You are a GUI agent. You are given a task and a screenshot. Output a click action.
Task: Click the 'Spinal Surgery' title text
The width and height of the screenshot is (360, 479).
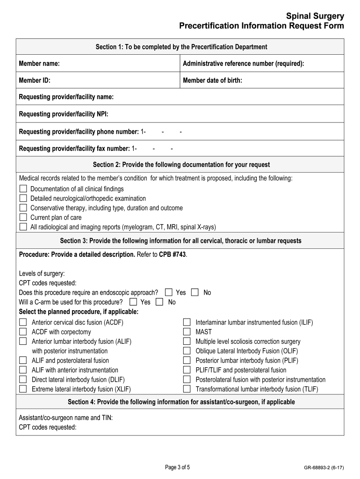(316, 16)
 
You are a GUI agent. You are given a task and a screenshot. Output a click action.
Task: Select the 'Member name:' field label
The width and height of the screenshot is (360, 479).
(39, 63)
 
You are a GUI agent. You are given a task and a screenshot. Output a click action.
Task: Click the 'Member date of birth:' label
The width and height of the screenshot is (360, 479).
(212, 80)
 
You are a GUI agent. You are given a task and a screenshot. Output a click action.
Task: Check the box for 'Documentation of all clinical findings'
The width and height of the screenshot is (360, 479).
(23, 189)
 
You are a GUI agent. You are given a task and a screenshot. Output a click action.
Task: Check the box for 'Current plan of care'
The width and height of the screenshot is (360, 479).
(23, 218)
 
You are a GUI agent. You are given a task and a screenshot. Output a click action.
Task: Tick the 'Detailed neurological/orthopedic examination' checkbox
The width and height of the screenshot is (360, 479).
(23, 198)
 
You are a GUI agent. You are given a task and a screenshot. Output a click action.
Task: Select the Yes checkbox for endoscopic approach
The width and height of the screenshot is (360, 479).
(169, 292)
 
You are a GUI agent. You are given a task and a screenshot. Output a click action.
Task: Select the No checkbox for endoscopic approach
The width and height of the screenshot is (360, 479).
(195, 292)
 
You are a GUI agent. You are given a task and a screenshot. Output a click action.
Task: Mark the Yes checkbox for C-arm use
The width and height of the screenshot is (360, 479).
(133, 302)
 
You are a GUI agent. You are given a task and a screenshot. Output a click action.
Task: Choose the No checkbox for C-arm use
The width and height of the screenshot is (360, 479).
(159, 302)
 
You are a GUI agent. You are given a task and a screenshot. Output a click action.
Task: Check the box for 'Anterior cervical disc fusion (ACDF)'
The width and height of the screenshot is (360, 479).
(23, 322)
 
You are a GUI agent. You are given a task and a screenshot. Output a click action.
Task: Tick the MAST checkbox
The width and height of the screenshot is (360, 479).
(187, 332)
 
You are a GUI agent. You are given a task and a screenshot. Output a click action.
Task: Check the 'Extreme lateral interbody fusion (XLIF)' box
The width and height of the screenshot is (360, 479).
(23, 389)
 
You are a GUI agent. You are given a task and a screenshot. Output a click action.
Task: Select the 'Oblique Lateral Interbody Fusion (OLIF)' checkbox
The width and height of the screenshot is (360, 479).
(187, 351)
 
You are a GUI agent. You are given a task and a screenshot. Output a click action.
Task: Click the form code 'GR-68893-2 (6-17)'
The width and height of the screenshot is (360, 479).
(324, 467)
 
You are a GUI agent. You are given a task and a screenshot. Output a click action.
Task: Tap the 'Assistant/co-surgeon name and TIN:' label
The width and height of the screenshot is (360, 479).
(65, 418)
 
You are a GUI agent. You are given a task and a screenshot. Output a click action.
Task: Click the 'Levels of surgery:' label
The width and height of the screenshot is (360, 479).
(42, 273)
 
